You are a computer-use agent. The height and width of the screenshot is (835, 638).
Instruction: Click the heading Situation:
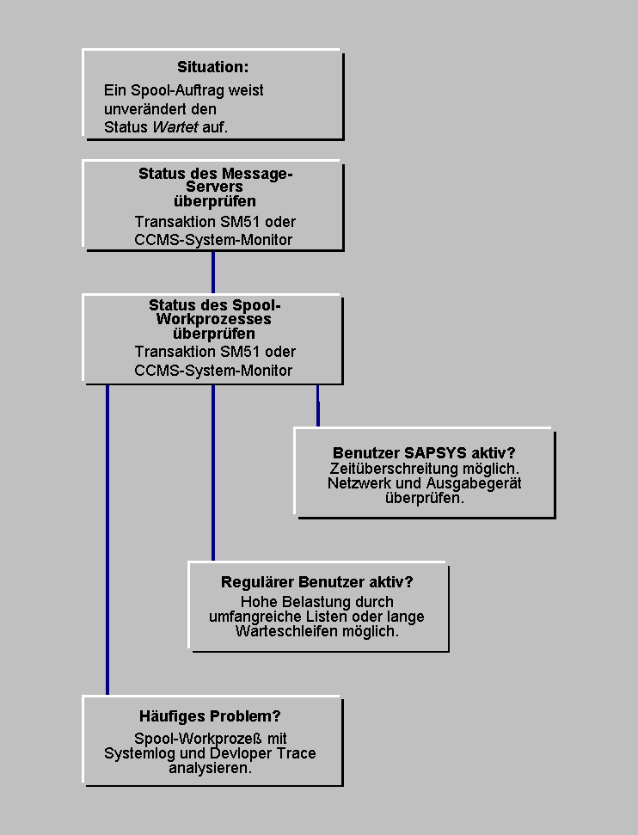212,67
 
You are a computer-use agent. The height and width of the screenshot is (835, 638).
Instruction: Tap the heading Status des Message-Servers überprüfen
215,187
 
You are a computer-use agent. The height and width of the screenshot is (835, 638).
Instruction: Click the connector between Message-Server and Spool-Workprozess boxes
213,273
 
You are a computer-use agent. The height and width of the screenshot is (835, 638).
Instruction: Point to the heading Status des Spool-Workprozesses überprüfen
214,319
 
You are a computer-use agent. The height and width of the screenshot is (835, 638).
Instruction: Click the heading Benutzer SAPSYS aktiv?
424,453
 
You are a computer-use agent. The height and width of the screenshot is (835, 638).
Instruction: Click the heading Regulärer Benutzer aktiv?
317,582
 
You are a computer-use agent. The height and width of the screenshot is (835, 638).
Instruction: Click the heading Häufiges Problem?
211,716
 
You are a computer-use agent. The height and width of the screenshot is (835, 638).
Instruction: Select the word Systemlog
142,753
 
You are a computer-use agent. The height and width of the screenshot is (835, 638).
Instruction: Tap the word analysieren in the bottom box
211,768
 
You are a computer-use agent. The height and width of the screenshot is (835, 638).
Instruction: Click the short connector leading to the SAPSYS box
318,405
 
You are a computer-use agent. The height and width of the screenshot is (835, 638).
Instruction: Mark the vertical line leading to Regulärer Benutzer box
213,473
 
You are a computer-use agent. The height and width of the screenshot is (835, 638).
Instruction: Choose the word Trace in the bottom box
297,753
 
